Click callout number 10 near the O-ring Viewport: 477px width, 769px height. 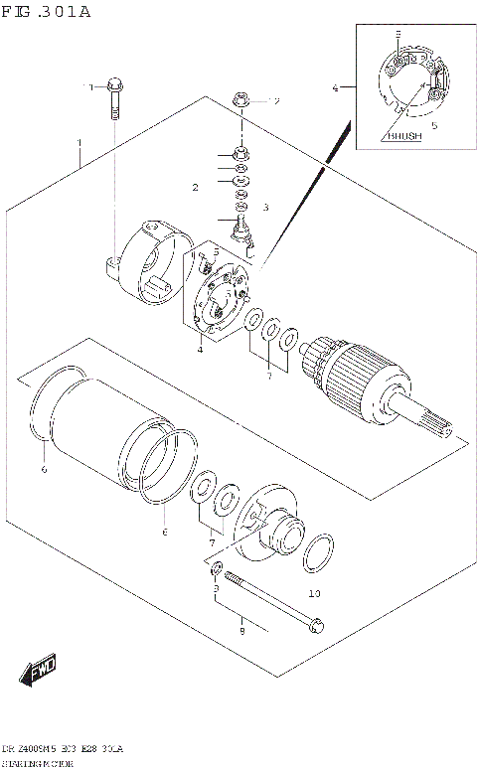(314, 594)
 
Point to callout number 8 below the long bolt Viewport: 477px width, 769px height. (241, 629)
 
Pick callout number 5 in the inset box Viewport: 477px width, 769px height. (433, 126)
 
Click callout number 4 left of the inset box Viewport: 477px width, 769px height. (336, 88)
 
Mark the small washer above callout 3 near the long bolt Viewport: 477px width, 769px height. (216, 568)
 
